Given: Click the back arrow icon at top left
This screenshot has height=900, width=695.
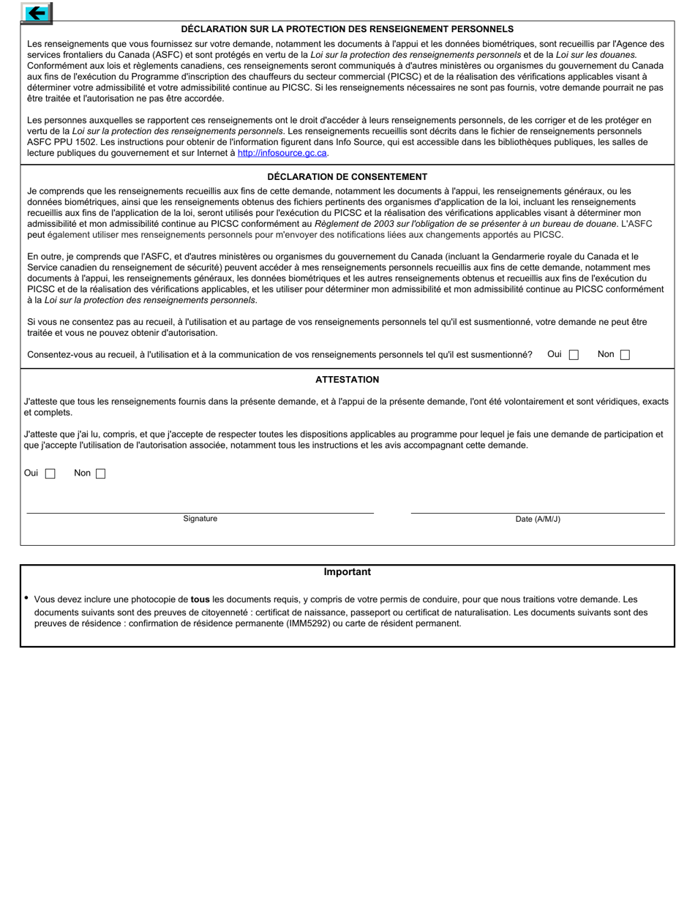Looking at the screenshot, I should (36, 12).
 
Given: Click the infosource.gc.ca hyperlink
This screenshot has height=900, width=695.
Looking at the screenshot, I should (282, 153).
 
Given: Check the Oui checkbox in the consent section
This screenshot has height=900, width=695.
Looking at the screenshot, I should (574, 355).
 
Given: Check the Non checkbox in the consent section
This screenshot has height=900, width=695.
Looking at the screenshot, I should (625, 355).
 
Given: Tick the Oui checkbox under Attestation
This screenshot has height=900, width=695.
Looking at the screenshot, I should (50, 473).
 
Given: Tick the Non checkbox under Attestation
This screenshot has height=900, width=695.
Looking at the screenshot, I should (101, 473).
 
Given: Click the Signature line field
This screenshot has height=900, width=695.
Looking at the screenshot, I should (200, 506).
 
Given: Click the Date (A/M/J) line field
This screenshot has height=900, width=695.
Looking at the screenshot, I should (538, 506).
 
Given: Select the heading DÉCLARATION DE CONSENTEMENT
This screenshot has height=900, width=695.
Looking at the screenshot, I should (347, 176).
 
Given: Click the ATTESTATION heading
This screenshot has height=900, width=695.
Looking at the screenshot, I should (347, 379).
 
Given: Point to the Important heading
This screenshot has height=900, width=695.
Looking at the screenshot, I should (347, 571).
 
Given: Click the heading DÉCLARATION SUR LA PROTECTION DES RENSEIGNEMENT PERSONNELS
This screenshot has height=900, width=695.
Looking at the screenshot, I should (347, 29).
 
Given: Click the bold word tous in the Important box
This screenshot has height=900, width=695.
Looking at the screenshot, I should (200, 599).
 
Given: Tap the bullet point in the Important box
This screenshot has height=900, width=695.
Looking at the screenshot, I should (26, 598).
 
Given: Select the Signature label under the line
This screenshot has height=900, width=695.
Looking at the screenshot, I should (200, 518).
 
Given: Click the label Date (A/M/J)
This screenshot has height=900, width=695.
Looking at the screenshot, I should (538, 519).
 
